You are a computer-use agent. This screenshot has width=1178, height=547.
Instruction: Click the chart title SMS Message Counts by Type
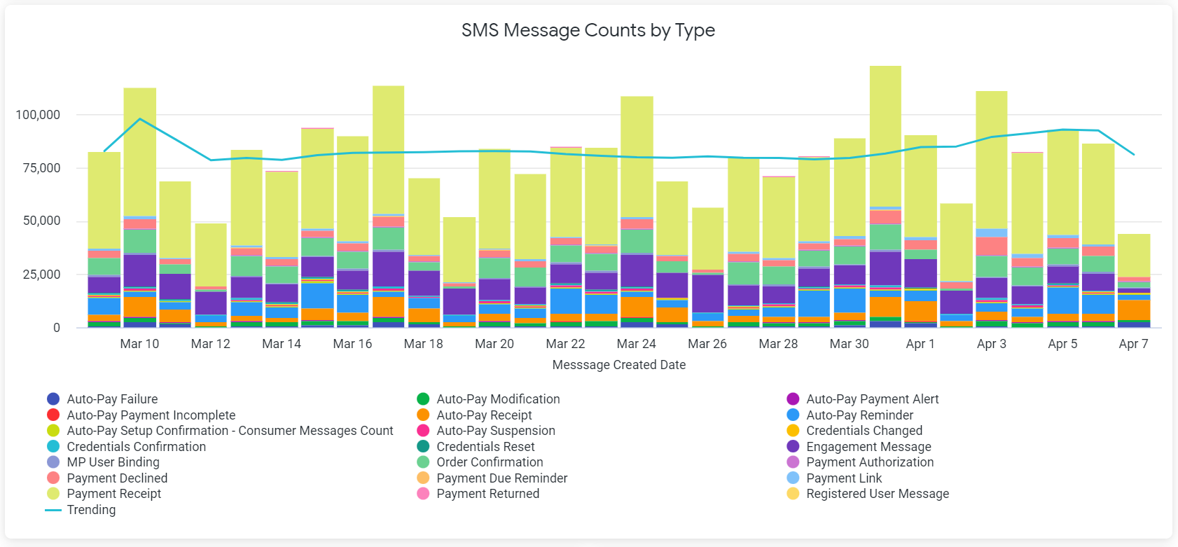[x=588, y=30]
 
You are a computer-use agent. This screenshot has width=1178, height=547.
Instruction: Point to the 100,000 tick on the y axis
[x=38, y=115]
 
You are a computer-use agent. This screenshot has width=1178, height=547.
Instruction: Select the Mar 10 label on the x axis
[x=139, y=344]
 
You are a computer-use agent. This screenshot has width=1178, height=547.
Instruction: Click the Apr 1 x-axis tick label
[x=920, y=344]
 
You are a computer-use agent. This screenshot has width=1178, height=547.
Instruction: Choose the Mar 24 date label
[x=636, y=344]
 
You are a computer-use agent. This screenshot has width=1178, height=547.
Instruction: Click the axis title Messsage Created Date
[x=618, y=365]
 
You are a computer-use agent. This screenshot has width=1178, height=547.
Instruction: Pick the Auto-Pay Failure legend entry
[x=112, y=399]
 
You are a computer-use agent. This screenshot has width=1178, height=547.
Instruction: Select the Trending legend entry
[x=91, y=510]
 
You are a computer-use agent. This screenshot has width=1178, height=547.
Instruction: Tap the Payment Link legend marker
[x=793, y=478]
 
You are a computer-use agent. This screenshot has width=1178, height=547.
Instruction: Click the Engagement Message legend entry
[x=868, y=447]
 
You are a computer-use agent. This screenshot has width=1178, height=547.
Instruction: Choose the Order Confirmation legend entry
[x=490, y=462]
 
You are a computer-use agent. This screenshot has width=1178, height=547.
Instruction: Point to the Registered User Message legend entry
[x=877, y=494]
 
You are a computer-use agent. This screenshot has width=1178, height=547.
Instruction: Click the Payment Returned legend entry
[x=487, y=494]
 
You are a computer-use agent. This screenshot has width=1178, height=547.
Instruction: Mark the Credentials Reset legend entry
[x=485, y=447]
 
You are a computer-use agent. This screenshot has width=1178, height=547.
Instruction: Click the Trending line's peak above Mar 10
[x=140, y=119]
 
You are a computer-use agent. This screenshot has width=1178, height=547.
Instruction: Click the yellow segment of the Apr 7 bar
[x=1133, y=256]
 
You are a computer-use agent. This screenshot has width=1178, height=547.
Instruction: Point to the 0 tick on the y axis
[x=57, y=328]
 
